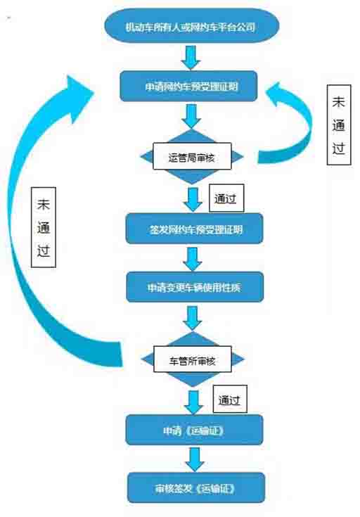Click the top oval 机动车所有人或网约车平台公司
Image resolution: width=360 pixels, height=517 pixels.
point(191,26)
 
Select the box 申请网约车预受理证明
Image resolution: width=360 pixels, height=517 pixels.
point(188,87)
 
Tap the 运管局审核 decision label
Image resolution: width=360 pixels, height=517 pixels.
point(192,156)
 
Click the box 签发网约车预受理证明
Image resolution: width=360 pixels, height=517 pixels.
point(194,229)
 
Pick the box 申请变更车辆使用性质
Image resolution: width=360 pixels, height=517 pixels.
point(195,287)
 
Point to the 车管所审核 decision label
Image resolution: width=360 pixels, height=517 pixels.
point(193,359)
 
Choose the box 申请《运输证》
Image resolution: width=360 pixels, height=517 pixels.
point(194,430)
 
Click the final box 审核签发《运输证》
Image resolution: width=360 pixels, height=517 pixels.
point(196,487)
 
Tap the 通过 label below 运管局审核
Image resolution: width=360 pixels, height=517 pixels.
point(226,198)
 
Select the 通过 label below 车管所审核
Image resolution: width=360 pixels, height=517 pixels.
point(230,399)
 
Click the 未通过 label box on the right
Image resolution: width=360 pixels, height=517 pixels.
point(339,125)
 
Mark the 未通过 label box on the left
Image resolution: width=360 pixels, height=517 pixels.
point(44,227)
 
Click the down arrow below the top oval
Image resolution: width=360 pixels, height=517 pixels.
point(191,58)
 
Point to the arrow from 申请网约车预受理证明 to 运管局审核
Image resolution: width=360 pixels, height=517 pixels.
point(191,116)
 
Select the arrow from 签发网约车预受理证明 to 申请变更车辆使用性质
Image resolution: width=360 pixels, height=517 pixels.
point(193,259)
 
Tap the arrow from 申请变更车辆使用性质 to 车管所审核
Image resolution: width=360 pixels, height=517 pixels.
point(193,318)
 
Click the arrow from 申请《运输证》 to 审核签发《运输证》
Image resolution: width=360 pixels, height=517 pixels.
point(195,459)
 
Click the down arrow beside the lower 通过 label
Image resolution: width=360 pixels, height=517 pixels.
point(193,402)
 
